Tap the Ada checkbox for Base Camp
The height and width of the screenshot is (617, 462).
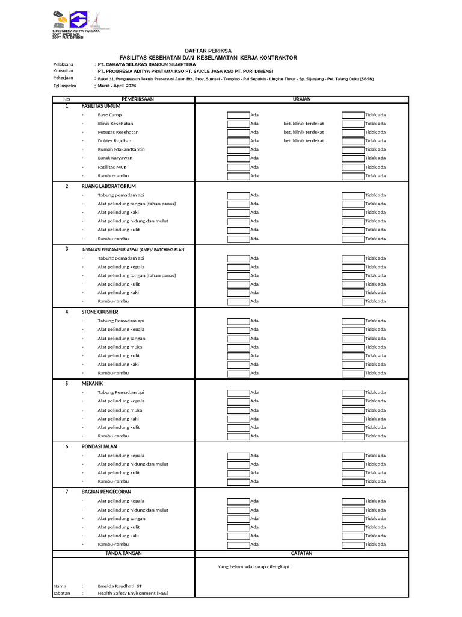click(x=238, y=114)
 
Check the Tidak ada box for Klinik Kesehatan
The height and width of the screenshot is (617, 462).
click(x=353, y=124)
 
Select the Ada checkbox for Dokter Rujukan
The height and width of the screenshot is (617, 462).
click(x=238, y=141)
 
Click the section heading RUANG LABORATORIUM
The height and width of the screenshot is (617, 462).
click(x=109, y=186)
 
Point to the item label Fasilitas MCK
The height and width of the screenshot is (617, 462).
click(x=112, y=167)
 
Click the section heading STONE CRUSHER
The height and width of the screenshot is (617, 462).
click(x=100, y=312)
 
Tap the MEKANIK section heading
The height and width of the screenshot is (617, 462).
click(x=93, y=383)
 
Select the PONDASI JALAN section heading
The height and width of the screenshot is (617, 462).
click(x=99, y=446)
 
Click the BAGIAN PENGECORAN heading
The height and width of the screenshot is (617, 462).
click(x=106, y=492)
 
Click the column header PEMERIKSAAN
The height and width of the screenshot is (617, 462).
click(x=138, y=99)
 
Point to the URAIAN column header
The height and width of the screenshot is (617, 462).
click(x=301, y=99)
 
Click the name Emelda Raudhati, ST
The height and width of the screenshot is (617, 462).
click(x=120, y=586)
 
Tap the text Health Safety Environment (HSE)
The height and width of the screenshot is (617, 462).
click(x=133, y=593)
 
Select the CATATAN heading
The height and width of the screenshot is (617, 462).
click(x=301, y=553)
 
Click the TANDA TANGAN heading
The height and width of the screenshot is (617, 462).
click(x=123, y=553)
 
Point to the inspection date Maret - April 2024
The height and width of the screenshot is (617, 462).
click(x=117, y=86)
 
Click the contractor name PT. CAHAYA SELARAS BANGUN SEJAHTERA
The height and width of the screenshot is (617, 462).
click(x=147, y=64)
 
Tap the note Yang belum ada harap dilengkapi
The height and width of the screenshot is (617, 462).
click(x=257, y=566)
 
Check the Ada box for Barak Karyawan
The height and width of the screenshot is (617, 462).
click(x=238, y=158)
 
